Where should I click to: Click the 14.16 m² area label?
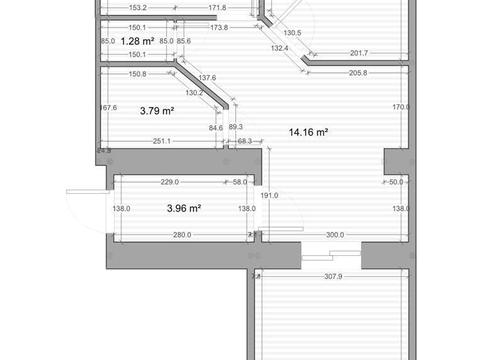pyautogui.click(x=309, y=131)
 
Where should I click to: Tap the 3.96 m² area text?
pyautogui.click(x=184, y=209)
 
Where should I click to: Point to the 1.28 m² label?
pyautogui.click(x=137, y=41)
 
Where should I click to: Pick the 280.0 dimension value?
pyautogui.click(x=181, y=235)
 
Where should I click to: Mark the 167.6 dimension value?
pyautogui.click(x=108, y=108)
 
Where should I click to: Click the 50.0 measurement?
pyautogui.click(x=396, y=182)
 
